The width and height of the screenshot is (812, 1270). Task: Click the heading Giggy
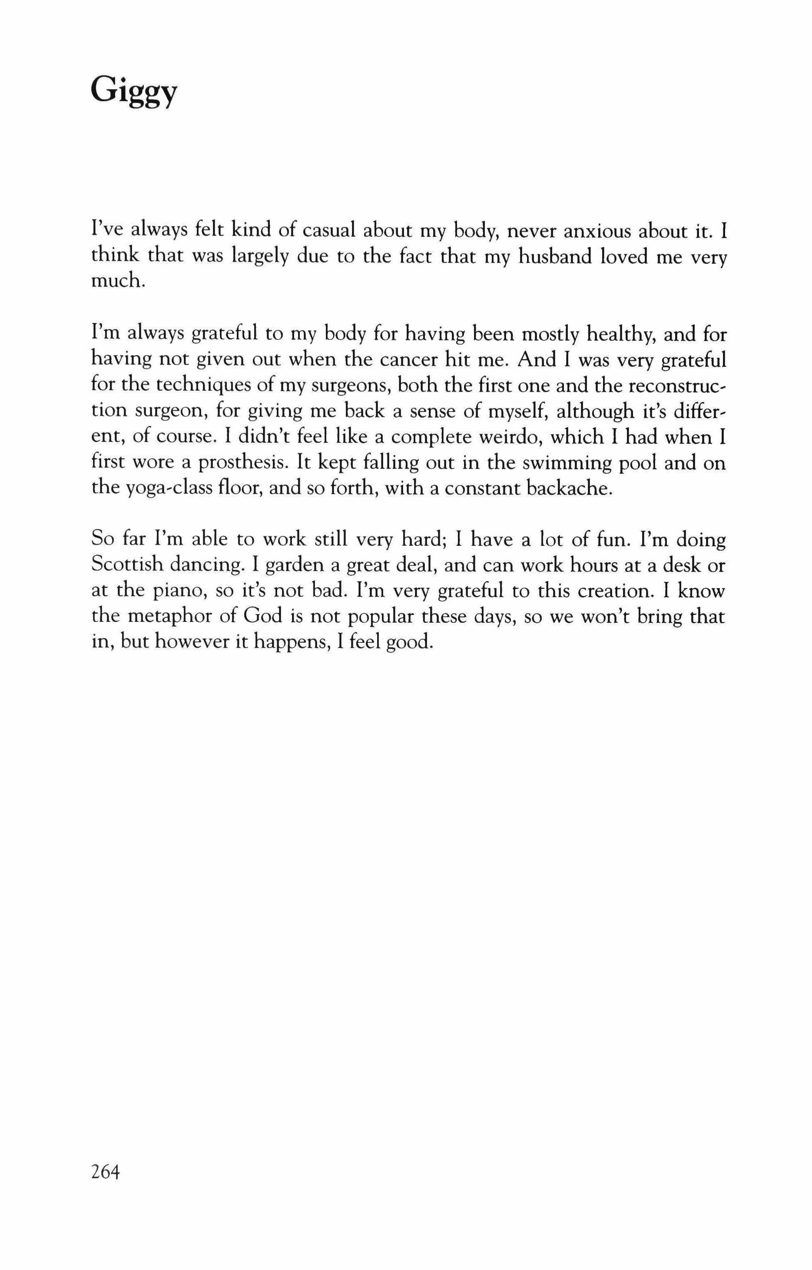tap(134, 94)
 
